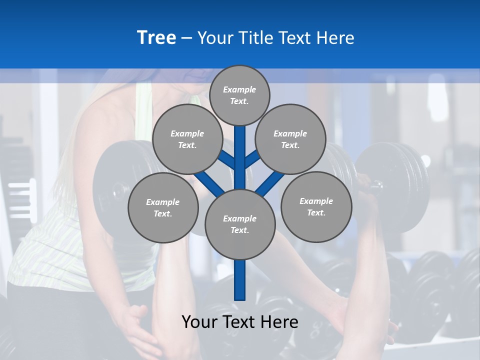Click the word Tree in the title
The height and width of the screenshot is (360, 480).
[156, 38]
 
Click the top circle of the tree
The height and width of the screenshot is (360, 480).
[239, 95]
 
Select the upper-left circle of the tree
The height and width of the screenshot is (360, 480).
[187, 139]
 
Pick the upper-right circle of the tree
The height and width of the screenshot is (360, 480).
[290, 139]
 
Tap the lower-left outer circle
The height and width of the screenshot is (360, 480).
[162, 207]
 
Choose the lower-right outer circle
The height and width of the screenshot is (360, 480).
[316, 206]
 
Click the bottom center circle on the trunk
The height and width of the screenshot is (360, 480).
[239, 224]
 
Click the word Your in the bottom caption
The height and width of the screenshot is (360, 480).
[199, 322]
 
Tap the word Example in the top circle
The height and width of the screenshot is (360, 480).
[239, 89]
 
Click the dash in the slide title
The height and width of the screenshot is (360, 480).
[186, 38]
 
